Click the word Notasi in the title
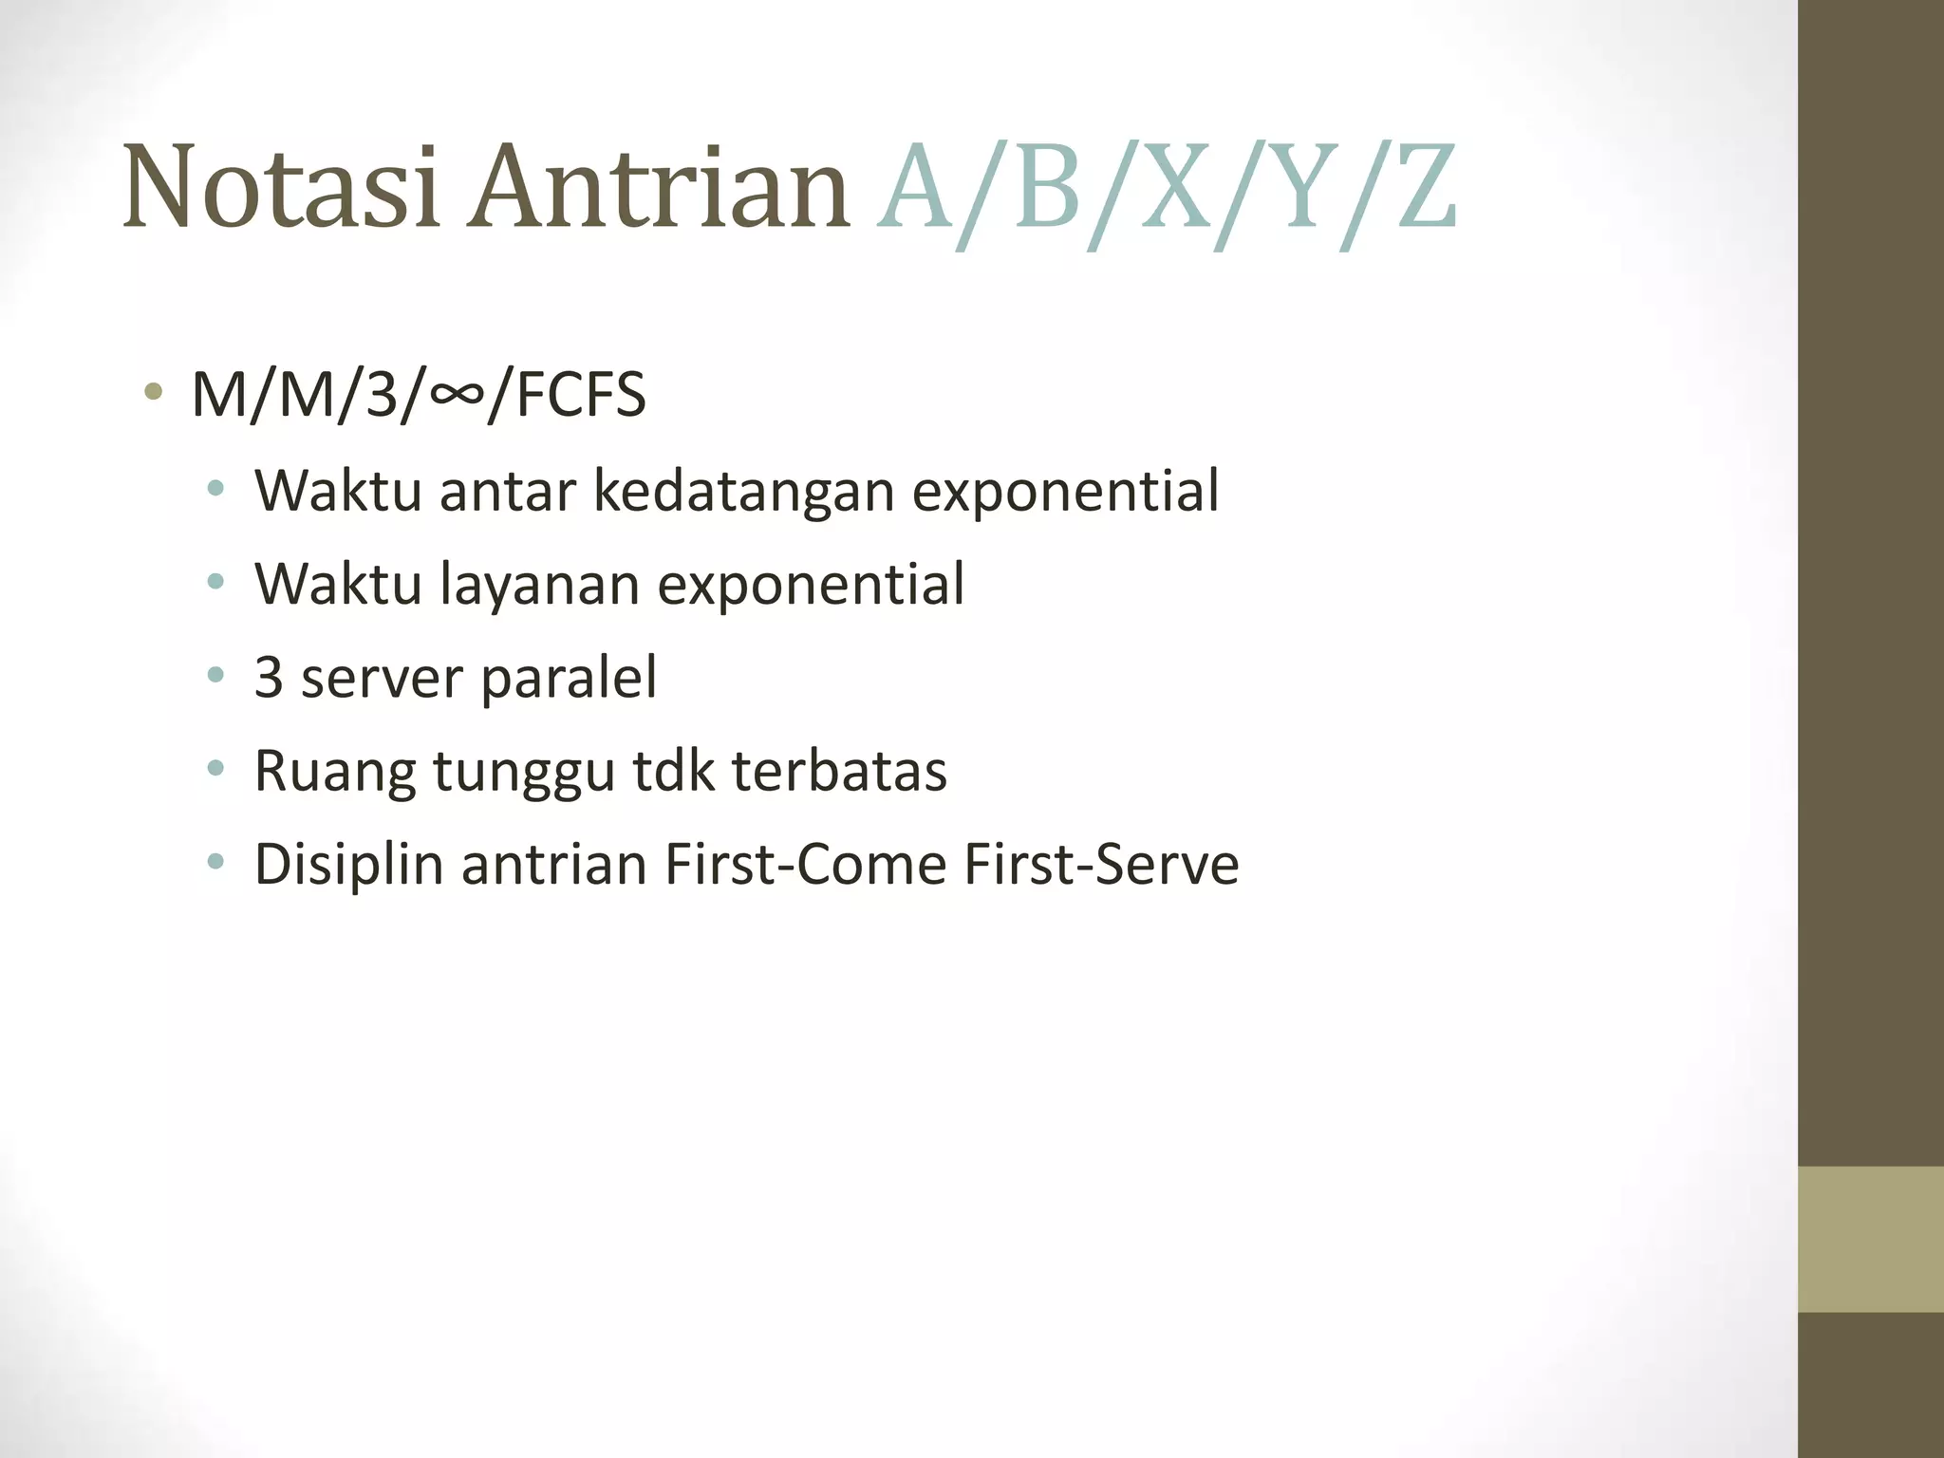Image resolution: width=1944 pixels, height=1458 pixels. (281, 187)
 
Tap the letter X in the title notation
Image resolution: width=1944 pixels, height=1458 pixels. (1177, 187)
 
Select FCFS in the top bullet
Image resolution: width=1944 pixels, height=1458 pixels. (581, 394)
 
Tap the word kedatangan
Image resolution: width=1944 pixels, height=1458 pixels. (743, 491)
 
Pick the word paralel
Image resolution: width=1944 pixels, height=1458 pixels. (569, 678)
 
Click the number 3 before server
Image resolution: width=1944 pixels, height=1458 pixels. (269, 678)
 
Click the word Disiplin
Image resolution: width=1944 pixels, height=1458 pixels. (349, 864)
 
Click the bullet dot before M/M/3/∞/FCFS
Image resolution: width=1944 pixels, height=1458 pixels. (153, 392)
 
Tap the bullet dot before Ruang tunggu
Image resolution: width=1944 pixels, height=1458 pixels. (216, 768)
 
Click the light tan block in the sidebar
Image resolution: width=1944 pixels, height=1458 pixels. (1870, 1239)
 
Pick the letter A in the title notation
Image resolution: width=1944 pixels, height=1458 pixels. (916, 187)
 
